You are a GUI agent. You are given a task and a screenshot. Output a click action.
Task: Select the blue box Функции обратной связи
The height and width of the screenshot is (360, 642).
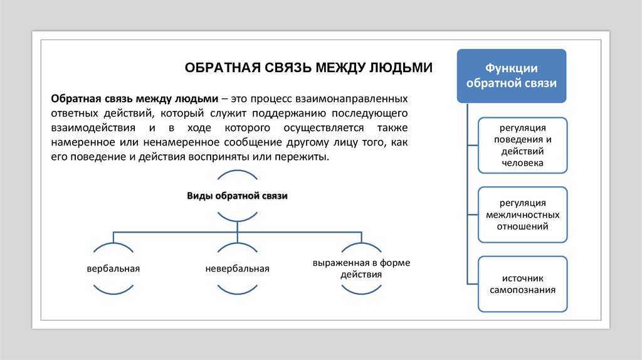pos(512,75)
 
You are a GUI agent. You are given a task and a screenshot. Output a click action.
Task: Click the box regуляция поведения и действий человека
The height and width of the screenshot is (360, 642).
pos(522,145)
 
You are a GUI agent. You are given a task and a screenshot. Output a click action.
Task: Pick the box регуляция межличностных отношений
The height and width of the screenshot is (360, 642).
pos(522,214)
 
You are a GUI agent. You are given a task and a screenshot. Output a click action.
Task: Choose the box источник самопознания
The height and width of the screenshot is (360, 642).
pos(522,284)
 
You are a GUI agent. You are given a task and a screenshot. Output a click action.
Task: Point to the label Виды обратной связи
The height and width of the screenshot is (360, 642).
pos(237,196)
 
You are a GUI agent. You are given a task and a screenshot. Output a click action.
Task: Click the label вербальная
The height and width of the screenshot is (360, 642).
pos(113,268)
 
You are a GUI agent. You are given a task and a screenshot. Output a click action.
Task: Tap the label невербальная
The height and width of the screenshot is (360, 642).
pos(237,268)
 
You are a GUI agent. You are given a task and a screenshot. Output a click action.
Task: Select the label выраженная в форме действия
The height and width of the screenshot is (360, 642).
pos(362,268)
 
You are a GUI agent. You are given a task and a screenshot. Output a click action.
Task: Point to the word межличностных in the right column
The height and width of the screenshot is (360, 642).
pos(522,214)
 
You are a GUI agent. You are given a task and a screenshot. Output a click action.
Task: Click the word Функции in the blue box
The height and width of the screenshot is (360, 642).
pos(512,68)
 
